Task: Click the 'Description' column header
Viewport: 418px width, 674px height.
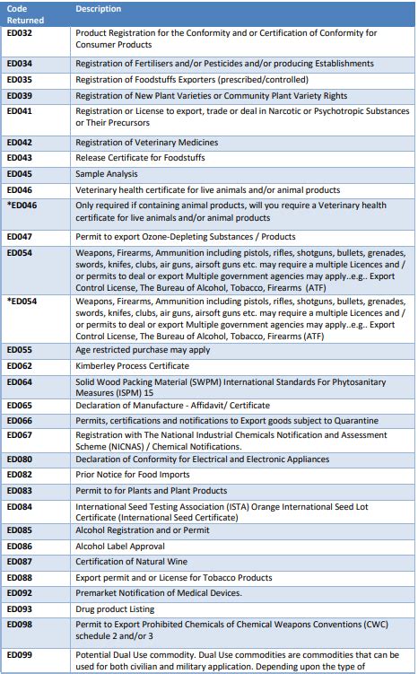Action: click(x=99, y=9)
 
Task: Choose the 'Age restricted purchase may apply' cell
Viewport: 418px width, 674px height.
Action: click(x=148, y=350)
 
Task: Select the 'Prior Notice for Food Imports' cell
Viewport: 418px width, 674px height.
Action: click(x=133, y=474)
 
